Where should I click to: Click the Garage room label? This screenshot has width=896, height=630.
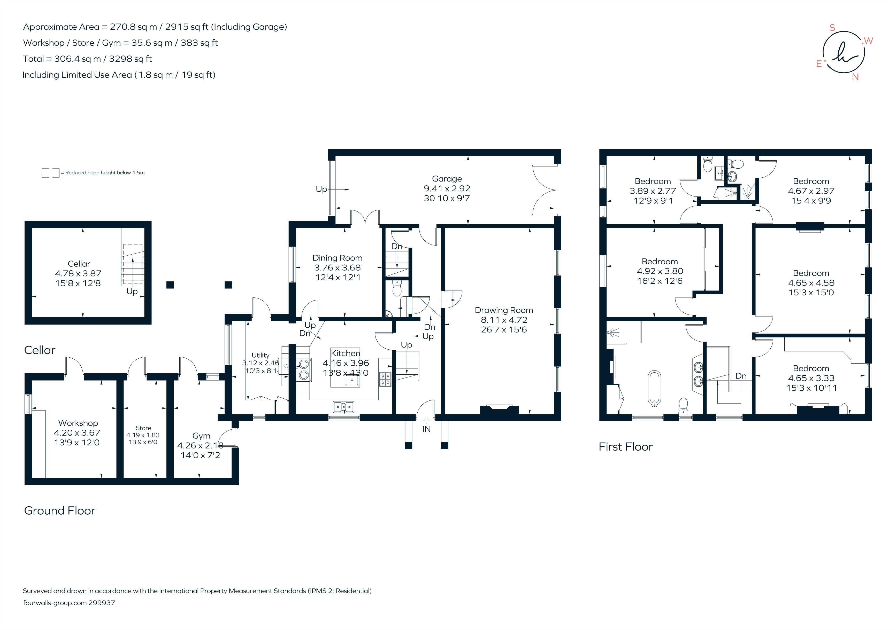pyautogui.click(x=447, y=179)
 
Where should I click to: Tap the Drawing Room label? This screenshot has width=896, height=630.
pyautogui.click(x=504, y=310)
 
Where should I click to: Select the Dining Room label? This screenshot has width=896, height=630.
pyautogui.click(x=338, y=258)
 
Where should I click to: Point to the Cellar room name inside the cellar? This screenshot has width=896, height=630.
pyautogui.click(x=79, y=264)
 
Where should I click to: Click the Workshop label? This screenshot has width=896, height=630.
pyautogui.click(x=78, y=423)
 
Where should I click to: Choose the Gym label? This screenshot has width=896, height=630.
pyautogui.click(x=201, y=436)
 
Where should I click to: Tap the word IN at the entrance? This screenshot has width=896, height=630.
pyautogui.click(x=426, y=429)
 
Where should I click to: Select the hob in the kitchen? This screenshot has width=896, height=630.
pyautogui.click(x=385, y=379)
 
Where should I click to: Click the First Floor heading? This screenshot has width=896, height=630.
pyautogui.click(x=626, y=447)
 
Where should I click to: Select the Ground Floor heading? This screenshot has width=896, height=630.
pyautogui.click(x=60, y=511)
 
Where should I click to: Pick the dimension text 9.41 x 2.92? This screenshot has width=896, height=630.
pyautogui.click(x=447, y=189)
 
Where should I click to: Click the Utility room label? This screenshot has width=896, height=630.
pyautogui.click(x=260, y=355)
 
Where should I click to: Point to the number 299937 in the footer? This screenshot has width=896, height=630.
pyautogui.click(x=102, y=603)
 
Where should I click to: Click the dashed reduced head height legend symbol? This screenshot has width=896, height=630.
pyautogui.click(x=50, y=173)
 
